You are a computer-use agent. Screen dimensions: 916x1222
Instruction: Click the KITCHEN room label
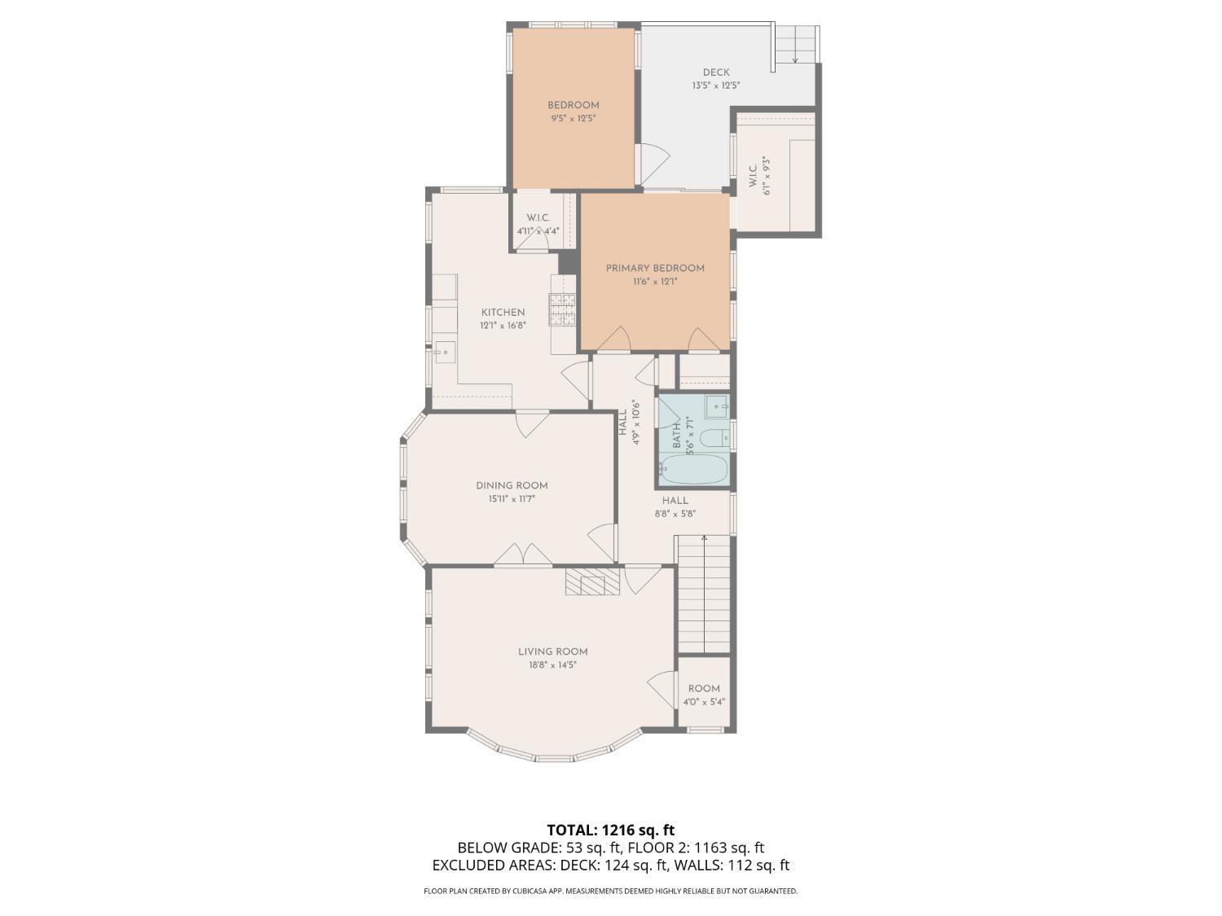[503, 313]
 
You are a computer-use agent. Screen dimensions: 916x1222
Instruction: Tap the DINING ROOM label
[512, 486]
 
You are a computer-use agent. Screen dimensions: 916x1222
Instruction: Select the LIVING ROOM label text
[552, 651]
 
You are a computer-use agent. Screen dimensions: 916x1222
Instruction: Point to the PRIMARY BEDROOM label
[655, 268]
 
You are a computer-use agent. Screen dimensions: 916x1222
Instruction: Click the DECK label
[716, 72]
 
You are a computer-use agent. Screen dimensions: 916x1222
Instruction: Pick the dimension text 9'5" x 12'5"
[573, 118]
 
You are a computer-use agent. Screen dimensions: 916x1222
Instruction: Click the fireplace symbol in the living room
[592, 582]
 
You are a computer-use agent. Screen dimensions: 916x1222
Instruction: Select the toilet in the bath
[714, 437]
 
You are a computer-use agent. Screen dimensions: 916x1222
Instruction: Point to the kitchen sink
[444, 352]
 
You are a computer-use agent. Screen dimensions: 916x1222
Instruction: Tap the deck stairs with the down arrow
[794, 45]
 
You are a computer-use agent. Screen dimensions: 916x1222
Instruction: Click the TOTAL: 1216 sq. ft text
[610, 831]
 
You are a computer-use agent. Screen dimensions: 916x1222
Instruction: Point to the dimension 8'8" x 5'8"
[675, 514]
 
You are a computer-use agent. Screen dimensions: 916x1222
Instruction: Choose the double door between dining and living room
[522, 554]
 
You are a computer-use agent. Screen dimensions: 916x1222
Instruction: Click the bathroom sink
[717, 405]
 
